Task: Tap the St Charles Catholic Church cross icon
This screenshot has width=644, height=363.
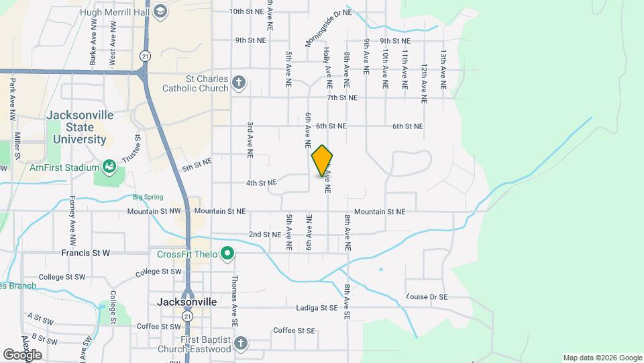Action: [x=239, y=83]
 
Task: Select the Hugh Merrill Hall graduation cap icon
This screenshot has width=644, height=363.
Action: [x=160, y=12]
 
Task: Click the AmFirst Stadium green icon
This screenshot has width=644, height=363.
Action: [x=109, y=166]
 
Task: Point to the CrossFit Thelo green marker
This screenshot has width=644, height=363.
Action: [x=227, y=253]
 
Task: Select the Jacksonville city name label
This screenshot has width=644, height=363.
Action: [x=186, y=302]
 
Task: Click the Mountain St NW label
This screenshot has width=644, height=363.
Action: [x=155, y=211]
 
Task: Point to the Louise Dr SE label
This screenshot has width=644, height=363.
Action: [x=427, y=296]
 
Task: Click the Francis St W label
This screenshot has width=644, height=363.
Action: [x=85, y=253]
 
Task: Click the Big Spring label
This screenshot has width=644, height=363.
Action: [x=148, y=197]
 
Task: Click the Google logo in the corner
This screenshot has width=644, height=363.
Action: [x=21, y=354]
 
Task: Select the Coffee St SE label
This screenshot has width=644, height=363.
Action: [x=294, y=331]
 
